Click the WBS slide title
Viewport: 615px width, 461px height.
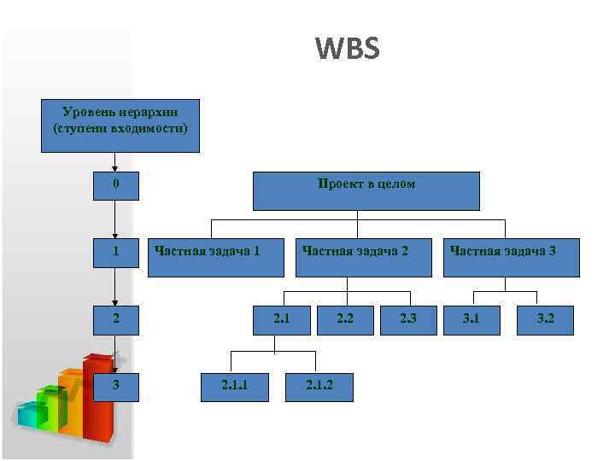347,49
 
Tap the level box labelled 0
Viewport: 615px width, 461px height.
116,185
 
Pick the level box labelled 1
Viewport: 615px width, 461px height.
116,252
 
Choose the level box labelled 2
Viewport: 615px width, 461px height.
116,320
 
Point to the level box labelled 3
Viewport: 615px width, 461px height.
116,385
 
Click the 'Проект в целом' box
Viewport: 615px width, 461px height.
366,190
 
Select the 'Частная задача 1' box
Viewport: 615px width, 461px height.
216,256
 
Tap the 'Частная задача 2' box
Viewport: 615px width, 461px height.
363,256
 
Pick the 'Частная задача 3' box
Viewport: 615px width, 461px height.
512,256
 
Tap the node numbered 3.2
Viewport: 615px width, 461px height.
546,320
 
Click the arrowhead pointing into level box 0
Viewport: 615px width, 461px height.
115,169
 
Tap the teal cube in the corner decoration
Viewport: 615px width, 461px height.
31,416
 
